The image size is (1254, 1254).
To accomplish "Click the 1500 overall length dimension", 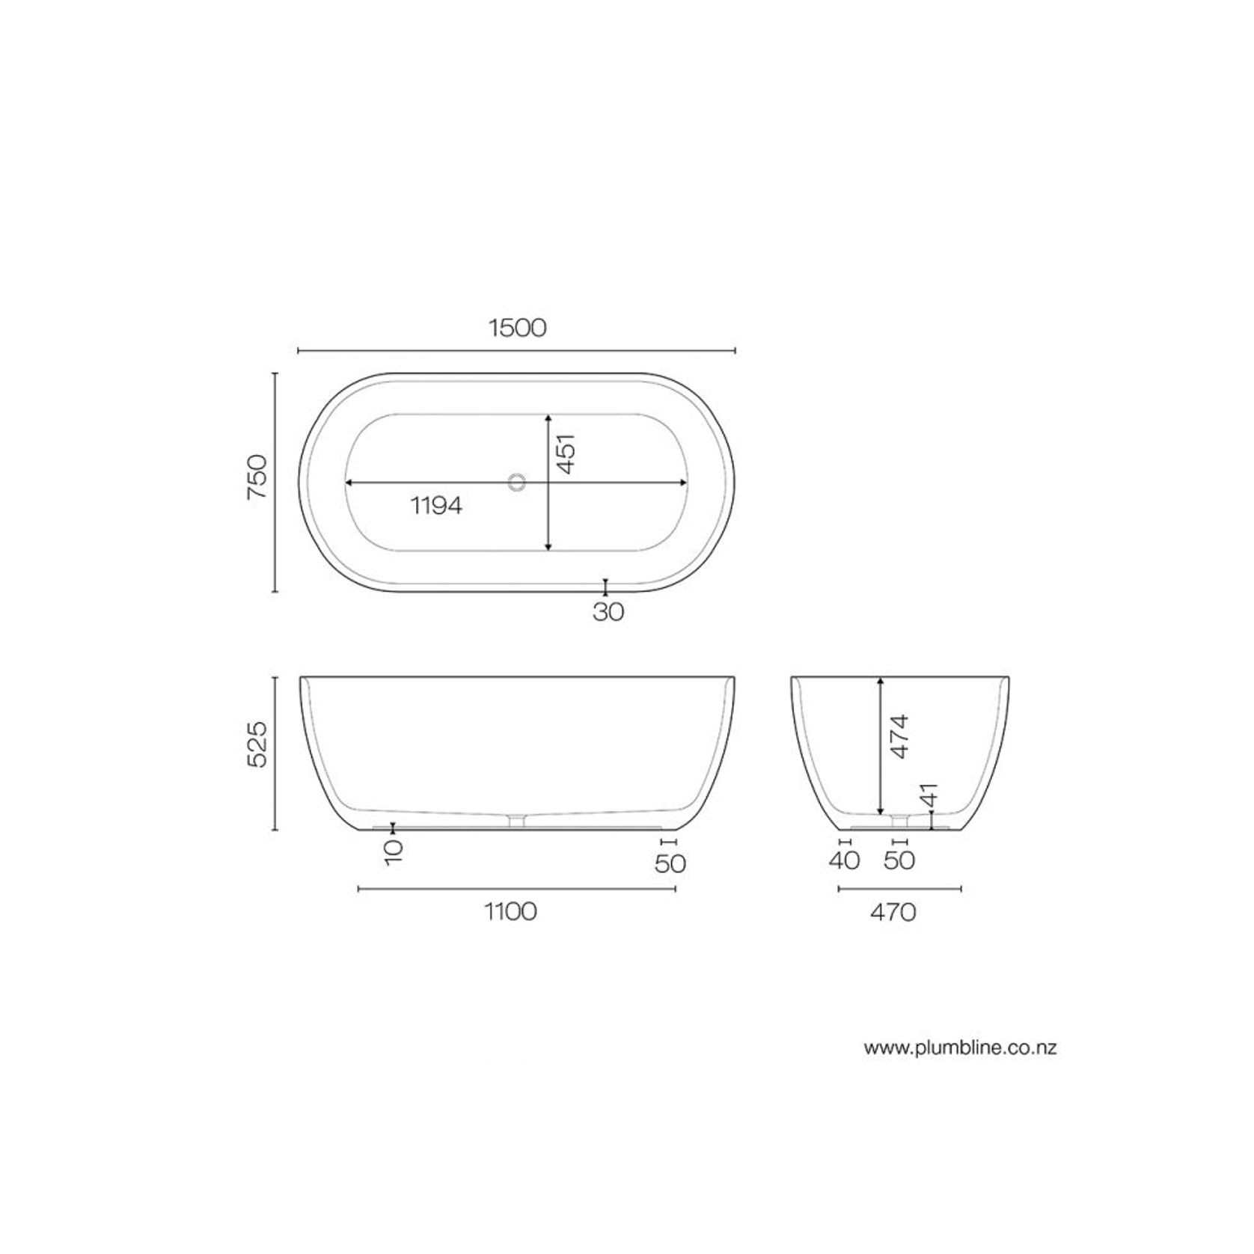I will click(517, 328).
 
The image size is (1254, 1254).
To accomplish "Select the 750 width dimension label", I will click(257, 479).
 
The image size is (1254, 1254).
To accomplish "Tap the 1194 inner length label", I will click(436, 506).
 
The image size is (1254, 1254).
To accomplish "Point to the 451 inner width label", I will click(566, 453).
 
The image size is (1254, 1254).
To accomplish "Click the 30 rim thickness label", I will click(608, 612).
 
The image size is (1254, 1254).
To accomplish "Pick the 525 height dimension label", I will click(257, 744).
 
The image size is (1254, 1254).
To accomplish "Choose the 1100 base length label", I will click(511, 911).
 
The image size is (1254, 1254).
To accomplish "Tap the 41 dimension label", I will click(929, 795).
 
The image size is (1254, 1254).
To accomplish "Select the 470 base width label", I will click(893, 912).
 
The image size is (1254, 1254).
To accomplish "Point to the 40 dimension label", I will click(844, 860).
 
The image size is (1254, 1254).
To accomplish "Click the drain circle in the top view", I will click(516, 482).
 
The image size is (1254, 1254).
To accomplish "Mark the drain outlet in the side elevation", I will click(516, 821).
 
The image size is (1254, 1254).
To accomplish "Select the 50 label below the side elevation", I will click(670, 863).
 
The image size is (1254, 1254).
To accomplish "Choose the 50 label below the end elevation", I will click(899, 860).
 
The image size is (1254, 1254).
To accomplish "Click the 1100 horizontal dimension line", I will click(517, 889).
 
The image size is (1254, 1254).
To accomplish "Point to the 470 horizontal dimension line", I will click(899, 889).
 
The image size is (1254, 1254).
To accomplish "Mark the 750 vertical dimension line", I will click(275, 482).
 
